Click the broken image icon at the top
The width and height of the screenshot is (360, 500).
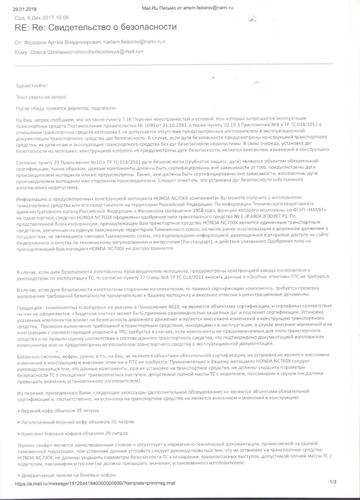pos(252,18)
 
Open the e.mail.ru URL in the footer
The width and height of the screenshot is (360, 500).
pos(95,483)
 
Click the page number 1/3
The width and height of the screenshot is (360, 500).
pos(333,483)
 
